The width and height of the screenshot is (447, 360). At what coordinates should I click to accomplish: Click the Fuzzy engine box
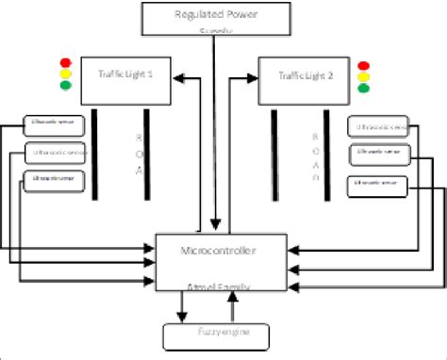pos(217,334)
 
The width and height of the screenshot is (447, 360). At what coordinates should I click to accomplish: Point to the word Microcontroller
pos(218,252)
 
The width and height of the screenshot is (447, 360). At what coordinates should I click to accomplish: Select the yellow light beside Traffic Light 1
pos(65,72)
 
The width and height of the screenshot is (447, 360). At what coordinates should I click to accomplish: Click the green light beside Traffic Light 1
pos(65,85)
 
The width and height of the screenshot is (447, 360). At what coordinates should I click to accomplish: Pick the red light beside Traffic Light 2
pos(365,66)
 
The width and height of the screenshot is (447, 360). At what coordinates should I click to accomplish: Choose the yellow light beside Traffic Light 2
pos(365,79)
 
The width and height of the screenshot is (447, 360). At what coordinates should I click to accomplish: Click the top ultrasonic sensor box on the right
pos(378,126)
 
